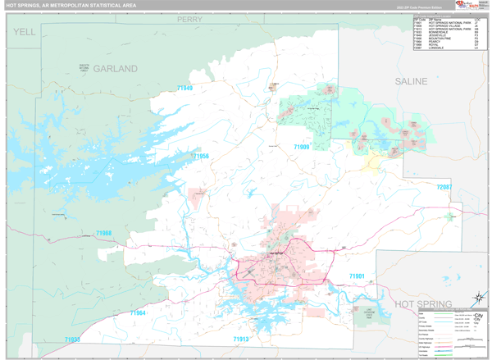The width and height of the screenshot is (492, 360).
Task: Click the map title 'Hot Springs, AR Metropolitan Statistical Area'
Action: [71, 6]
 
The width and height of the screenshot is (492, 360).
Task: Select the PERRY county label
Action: [189, 18]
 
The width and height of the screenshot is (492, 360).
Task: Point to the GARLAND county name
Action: [115, 69]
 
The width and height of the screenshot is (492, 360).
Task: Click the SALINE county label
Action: [411, 82]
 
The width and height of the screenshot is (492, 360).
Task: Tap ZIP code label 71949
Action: [184, 88]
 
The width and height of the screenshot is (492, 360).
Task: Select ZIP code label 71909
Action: [303, 147]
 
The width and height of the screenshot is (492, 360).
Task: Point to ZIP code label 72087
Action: [444, 188]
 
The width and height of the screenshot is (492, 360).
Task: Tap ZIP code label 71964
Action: [136, 313]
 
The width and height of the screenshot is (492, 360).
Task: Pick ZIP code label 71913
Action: [241, 339]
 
